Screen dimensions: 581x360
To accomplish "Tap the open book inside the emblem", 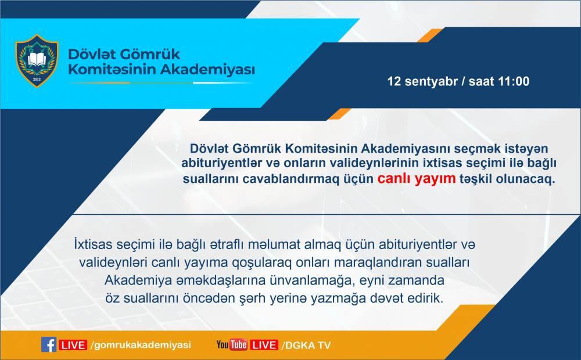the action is coord(37,59).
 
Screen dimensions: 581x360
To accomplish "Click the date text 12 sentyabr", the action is coord(422,81).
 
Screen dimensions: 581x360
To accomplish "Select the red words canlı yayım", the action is coord(417,178).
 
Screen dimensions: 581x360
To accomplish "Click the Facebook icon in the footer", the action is coord(49,345).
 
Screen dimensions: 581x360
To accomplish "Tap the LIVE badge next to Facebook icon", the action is coord(73,345).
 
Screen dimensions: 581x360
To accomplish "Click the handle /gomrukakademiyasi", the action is coord(141,345).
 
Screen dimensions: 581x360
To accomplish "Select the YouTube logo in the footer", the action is coord(232,345).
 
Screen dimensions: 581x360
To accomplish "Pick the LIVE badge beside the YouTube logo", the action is coord(264,345).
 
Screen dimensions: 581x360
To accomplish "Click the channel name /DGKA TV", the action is coord(306,345).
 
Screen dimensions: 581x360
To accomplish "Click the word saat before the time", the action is coord(481,81).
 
